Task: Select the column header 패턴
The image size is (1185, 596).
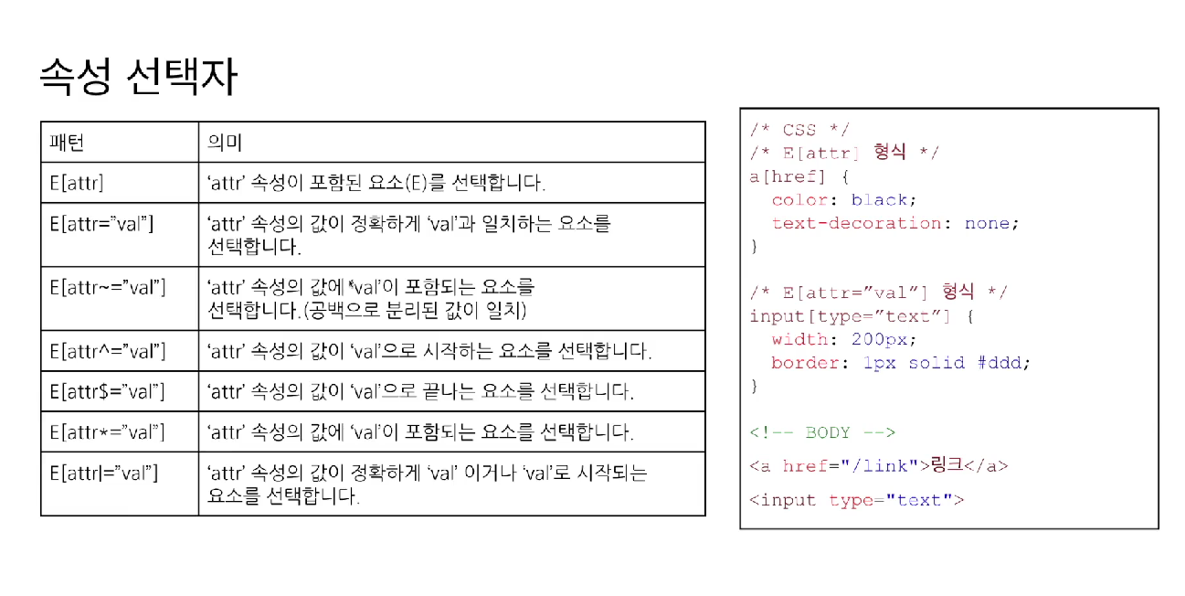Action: click(x=67, y=143)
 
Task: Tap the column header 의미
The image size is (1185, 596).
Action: click(x=224, y=143)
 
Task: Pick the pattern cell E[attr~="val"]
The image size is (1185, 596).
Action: click(x=107, y=287)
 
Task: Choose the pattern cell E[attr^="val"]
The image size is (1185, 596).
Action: click(x=107, y=351)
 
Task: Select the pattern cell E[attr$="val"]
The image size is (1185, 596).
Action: click(x=107, y=391)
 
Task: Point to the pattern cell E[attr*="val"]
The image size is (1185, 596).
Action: click(x=107, y=431)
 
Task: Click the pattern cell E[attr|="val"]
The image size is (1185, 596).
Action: click(x=104, y=473)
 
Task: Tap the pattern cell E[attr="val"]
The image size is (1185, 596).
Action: click(x=101, y=223)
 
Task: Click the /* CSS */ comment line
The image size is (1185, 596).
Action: click(x=799, y=130)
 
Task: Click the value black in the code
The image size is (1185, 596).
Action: click(x=879, y=199)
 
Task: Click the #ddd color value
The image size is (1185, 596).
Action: click(x=1002, y=363)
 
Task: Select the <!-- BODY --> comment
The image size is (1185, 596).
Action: click(x=822, y=432)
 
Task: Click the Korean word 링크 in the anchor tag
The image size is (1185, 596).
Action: click(x=946, y=466)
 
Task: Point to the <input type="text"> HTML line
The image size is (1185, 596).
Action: click(x=857, y=500)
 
